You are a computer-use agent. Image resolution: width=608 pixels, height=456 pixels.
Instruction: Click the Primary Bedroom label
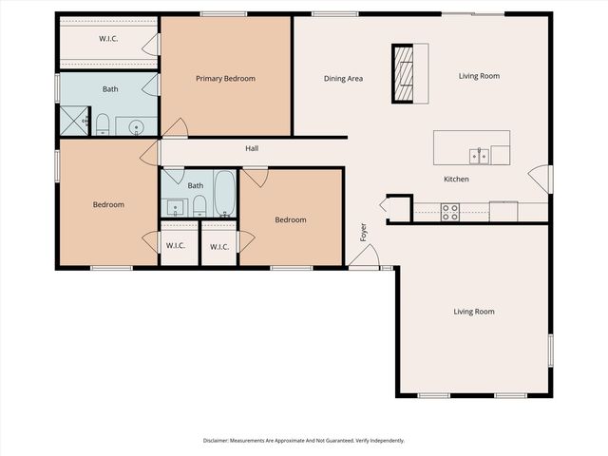pyautogui.click(x=225, y=79)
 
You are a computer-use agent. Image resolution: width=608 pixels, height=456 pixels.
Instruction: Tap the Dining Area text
pyautogui.click(x=343, y=79)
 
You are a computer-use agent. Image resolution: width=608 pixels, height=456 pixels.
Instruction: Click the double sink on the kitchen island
pyautogui.click(x=479, y=155)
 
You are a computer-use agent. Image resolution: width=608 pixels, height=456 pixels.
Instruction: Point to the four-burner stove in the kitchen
pyautogui.click(x=450, y=212)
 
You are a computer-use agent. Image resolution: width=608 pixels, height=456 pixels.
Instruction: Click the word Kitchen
pyautogui.click(x=456, y=180)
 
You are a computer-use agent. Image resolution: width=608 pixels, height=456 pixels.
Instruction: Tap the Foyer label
pyautogui.click(x=362, y=231)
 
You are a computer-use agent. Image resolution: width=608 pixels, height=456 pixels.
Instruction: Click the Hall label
pyautogui.click(x=252, y=148)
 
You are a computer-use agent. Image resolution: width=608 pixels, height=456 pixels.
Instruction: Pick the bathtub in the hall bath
pyautogui.click(x=224, y=194)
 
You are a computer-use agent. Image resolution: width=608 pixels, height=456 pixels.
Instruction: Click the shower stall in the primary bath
pyautogui.click(x=73, y=121)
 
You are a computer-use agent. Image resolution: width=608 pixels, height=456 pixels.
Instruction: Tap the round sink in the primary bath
pyautogui.click(x=136, y=125)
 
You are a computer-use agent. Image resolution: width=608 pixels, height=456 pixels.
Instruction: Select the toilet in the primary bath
pyautogui.click(x=103, y=123)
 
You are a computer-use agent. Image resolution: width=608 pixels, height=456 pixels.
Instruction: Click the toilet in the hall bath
pyautogui.click(x=199, y=205)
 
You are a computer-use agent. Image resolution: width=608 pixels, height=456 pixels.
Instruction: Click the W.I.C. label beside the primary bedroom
pyautogui.click(x=108, y=39)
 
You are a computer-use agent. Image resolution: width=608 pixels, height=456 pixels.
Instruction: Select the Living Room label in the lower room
pyautogui.click(x=473, y=312)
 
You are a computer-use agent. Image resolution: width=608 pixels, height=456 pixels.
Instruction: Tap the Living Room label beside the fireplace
pyautogui.click(x=479, y=76)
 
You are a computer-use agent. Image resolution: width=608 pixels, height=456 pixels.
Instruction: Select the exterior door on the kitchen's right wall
pyautogui.click(x=541, y=178)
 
